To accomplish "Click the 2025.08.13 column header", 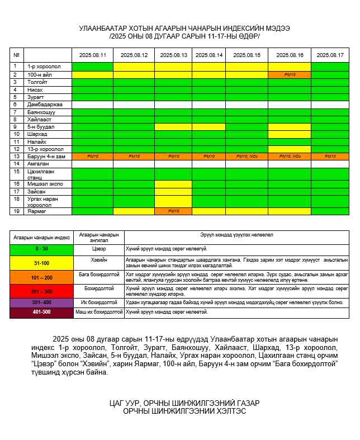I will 173,55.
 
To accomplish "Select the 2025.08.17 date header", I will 330,55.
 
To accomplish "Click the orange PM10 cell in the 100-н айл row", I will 290,74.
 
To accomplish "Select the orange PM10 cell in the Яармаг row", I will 173,211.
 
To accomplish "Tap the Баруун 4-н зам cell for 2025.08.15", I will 247,157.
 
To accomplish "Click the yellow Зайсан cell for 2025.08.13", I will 173,192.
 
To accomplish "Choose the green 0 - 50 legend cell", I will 41,248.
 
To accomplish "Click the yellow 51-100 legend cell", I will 41,262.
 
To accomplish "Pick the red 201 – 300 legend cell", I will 41,291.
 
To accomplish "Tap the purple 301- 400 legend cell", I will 41,302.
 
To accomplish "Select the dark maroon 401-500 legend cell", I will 41,313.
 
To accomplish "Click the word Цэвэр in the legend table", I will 98,248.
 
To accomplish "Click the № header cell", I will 17,55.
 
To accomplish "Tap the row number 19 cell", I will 17,211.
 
